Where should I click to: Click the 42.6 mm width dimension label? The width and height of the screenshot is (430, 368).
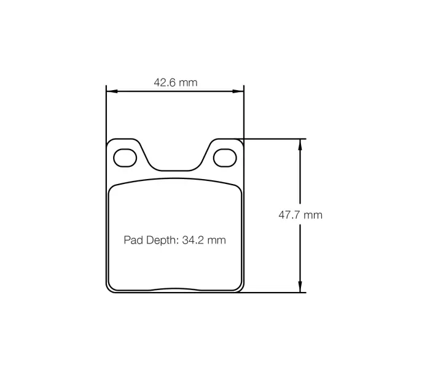[x=175, y=82]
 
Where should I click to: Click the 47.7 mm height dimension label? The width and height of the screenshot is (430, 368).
[x=300, y=215]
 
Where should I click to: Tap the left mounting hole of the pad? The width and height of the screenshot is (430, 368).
[x=125, y=158]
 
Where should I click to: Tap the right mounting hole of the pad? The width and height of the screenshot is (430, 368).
[x=224, y=158]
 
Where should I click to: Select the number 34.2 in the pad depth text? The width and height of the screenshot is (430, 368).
[x=193, y=240]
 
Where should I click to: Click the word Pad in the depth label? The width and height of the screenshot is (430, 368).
[x=133, y=240]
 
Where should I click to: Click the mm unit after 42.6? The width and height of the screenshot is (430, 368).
[x=188, y=82]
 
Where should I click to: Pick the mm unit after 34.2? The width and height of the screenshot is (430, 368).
[x=216, y=240]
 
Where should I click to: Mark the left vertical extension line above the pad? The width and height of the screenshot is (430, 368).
[x=106, y=113]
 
